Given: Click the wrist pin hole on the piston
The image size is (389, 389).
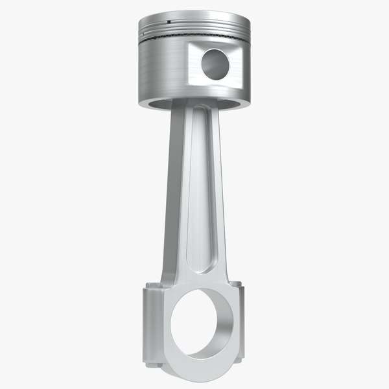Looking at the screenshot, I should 213,63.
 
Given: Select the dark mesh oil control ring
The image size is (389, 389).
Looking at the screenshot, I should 194,40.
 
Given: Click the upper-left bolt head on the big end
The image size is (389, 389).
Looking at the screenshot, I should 151,286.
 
